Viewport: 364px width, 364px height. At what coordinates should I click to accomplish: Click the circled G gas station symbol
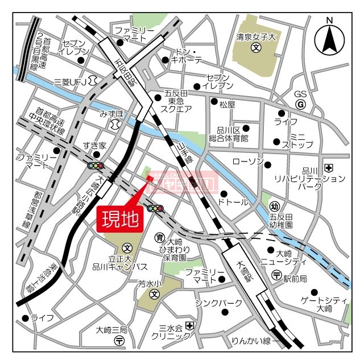(301, 105)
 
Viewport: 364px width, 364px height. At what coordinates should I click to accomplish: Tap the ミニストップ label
(298, 141)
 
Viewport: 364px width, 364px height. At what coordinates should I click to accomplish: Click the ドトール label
(234, 202)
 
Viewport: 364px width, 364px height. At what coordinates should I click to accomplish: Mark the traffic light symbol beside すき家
(96, 166)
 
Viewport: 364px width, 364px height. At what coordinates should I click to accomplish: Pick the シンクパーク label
(218, 303)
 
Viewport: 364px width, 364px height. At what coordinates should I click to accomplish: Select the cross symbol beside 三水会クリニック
(189, 326)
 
